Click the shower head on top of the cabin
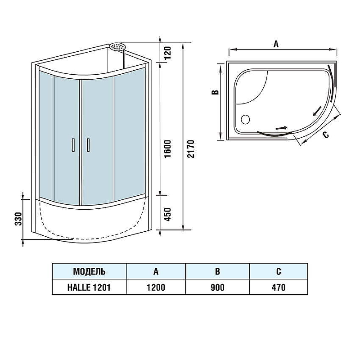[x=117, y=47]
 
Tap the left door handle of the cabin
[x=73, y=145]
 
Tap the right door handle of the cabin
[x=88, y=145]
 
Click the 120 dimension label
[x=168, y=53]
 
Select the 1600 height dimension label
[x=168, y=149]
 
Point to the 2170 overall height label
[x=191, y=149]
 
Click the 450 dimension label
[x=168, y=215]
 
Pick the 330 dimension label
[x=18, y=219]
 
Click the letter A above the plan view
[x=276, y=44]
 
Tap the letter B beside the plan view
[x=216, y=92]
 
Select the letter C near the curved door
[x=326, y=135]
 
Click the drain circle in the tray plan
[x=245, y=119]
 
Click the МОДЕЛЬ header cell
[x=89, y=271]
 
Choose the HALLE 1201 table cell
[x=89, y=287]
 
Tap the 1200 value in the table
[x=156, y=287]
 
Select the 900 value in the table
[x=217, y=287]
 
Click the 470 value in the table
[x=279, y=287]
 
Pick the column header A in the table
[x=156, y=272]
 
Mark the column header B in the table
[x=217, y=272]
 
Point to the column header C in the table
[x=279, y=272]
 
